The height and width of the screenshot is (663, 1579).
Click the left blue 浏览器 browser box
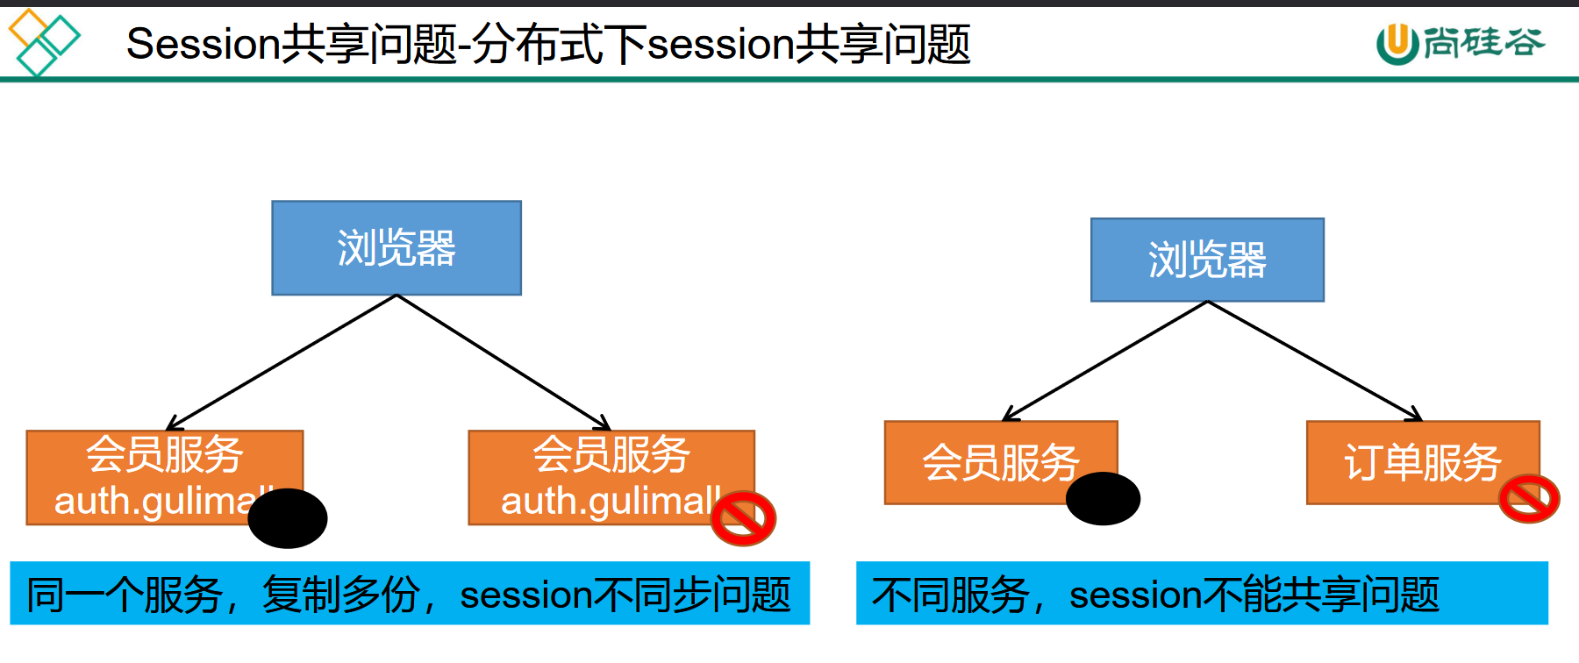click(397, 248)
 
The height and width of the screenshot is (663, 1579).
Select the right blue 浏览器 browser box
click(1207, 260)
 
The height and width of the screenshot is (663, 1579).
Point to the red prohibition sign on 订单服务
click(1529, 499)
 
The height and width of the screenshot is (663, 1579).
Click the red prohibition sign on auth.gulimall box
click(743, 517)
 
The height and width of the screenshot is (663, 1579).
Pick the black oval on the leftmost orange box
click(288, 518)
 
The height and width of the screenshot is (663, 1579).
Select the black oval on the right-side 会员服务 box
click(1103, 498)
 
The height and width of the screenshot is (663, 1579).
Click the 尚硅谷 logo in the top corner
click(1461, 43)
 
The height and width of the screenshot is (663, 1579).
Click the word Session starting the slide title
click(203, 44)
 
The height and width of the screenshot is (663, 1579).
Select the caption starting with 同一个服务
click(409, 594)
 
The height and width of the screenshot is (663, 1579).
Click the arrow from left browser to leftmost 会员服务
click(281, 362)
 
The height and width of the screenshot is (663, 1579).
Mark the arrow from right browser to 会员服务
click(1105, 360)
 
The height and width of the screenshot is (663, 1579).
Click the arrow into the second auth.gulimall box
click(504, 362)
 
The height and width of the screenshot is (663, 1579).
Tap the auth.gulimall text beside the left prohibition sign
click(611, 501)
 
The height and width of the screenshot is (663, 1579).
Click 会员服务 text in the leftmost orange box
click(165, 454)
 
